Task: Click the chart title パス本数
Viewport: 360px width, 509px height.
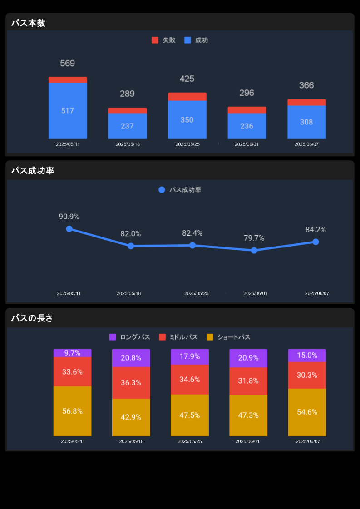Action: click(x=28, y=23)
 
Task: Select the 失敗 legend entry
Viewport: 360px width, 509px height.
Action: click(x=163, y=40)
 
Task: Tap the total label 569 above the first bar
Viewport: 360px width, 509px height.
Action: click(x=67, y=63)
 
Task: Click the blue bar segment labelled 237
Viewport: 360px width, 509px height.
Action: click(x=127, y=126)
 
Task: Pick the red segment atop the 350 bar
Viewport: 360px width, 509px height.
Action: click(x=187, y=96)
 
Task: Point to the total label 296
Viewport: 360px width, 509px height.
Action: click(x=247, y=93)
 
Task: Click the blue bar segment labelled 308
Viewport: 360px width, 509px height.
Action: click(x=306, y=122)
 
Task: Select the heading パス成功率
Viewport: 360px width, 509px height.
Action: click(x=33, y=171)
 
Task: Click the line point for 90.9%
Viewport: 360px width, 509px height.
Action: click(x=69, y=229)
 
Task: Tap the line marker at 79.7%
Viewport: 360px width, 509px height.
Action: click(x=254, y=250)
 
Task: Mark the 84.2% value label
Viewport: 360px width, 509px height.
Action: click(x=316, y=230)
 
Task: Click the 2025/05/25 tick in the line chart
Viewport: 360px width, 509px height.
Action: click(x=197, y=293)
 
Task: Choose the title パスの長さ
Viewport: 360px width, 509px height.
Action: click(x=32, y=318)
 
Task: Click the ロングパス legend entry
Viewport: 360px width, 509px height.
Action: click(x=130, y=337)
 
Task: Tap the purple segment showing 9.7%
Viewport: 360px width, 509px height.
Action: click(x=72, y=353)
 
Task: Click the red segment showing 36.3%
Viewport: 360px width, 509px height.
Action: click(x=131, y=382)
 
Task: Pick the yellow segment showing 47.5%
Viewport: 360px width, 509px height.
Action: click(x=189, y=415)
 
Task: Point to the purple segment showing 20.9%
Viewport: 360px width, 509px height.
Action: click(x=248, y=358)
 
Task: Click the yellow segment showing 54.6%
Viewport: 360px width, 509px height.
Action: click(x=307, y=412)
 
